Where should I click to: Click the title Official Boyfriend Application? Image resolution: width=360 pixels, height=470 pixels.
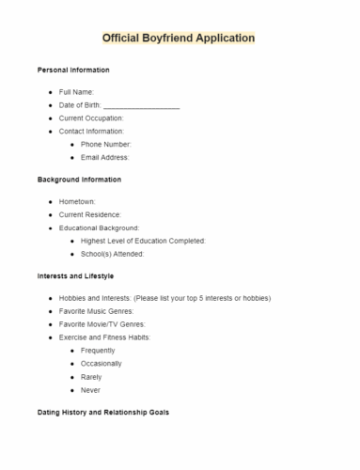[179, 39]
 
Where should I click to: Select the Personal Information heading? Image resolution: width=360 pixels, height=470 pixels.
[73, 70]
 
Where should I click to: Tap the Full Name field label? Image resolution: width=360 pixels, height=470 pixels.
[76, 92]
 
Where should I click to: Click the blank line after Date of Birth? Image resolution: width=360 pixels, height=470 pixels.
[141, 105]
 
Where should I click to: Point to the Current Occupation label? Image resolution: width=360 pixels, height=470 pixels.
[91, 118]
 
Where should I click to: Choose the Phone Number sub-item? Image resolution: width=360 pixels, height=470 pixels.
[105, 145]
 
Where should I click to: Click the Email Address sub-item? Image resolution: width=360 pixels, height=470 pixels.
[104, 158]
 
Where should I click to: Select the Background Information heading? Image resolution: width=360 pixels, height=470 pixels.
[79, 180]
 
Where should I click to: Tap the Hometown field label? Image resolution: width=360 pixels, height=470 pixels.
[77, 201]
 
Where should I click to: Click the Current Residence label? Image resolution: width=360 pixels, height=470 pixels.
[90, 214]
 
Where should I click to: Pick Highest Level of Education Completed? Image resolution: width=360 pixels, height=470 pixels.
[143, 241]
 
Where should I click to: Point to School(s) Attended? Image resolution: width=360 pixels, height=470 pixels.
[112, 254]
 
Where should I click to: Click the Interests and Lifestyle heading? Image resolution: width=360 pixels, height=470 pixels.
[75, 275]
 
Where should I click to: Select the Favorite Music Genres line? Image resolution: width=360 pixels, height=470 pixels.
[96, 310]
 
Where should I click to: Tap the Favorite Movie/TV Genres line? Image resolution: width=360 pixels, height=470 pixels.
[102, 323]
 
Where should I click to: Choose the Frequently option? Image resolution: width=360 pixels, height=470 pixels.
[99, 350]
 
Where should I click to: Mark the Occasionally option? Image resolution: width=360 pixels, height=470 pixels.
[102, 363]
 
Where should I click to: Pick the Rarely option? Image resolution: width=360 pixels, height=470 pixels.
[91, 376]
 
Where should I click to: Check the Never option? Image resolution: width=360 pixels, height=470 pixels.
[90, 389]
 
